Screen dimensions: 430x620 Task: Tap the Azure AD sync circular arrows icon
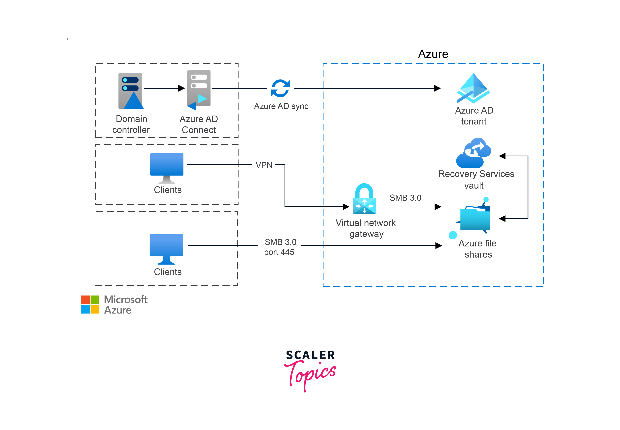tap(280, 88)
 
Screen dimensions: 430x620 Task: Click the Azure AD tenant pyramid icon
tap(473, 89)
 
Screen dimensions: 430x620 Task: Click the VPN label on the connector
tap(264, 165)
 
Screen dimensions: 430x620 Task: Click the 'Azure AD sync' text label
tap(281, 106)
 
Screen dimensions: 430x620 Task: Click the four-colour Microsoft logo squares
tap(90, 304)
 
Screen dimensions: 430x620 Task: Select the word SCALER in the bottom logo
tap(310, 355)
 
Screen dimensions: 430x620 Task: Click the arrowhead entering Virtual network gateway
tap(346, 207)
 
